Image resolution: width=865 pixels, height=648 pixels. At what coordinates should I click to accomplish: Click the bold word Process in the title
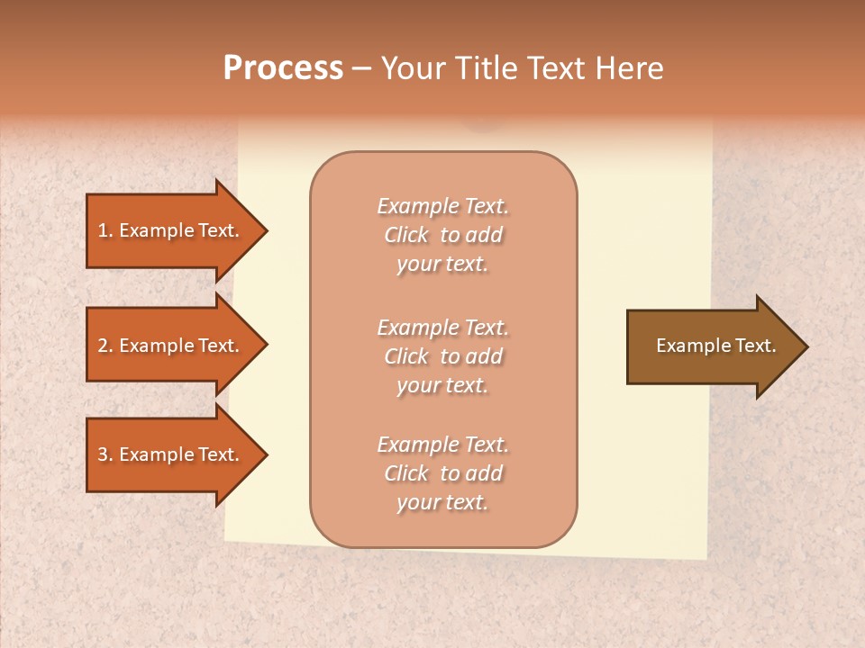[283, 68]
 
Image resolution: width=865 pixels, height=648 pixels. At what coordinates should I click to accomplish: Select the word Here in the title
[630, 68]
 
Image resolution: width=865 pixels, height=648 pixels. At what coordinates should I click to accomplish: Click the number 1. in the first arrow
[105, 230]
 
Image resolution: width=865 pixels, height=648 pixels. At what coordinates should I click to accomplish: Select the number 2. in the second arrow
[105, 346]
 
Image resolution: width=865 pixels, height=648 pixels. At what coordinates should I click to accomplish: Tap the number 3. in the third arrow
[105, 454]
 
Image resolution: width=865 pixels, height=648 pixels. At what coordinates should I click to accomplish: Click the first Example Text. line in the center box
[442, 206]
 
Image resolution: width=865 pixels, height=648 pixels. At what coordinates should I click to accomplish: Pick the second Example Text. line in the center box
[442, 328]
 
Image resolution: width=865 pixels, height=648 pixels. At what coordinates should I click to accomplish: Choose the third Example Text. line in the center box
[442, 445]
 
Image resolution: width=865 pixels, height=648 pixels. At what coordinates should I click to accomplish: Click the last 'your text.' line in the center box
[442, 502]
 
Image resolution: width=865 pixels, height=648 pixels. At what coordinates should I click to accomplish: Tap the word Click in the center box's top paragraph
[406, 235]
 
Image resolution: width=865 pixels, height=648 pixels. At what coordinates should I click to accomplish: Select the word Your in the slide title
[410, 68]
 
